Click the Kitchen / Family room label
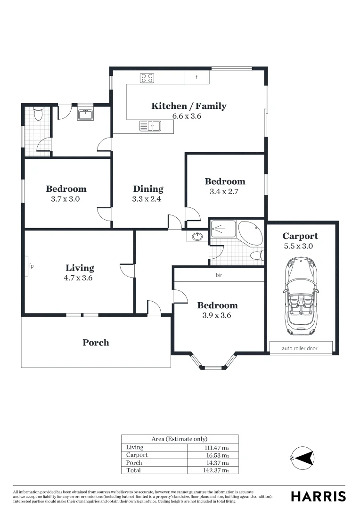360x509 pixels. [x=188, y=106]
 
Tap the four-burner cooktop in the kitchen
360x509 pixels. [x=147, y=78]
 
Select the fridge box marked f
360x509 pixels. [x=196, y=78]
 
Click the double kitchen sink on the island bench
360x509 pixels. [x=150, y=126]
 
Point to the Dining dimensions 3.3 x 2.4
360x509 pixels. [x=147, y=199]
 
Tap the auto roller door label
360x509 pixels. [x=300, y=349]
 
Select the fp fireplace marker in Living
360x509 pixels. [x=31, y=266]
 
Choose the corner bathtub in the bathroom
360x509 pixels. [x=251, y=231]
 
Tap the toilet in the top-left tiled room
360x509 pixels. [x=38, y=114]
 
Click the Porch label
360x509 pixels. [x=96, y=343]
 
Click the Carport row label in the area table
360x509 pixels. [x=137, y=455]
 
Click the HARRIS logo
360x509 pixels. [x=318, y=496]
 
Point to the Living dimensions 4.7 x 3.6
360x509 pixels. [x=78, y=278]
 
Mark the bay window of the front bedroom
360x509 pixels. [x=214, y=362]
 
